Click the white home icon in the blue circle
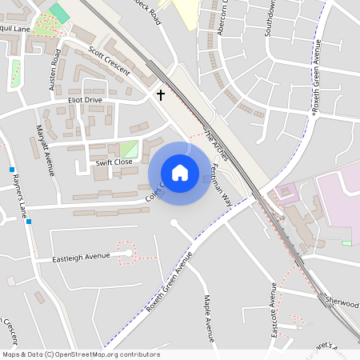point(180,172)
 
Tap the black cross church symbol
point(160,95)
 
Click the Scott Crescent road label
point(110,61)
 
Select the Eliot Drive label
point(85,100)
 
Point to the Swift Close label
point(114,162)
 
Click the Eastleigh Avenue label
point(81,258)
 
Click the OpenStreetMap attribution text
point(80,354)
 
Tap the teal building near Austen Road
point(59,14)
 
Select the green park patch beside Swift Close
point(128,149)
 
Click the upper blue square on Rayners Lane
point(12,170)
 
